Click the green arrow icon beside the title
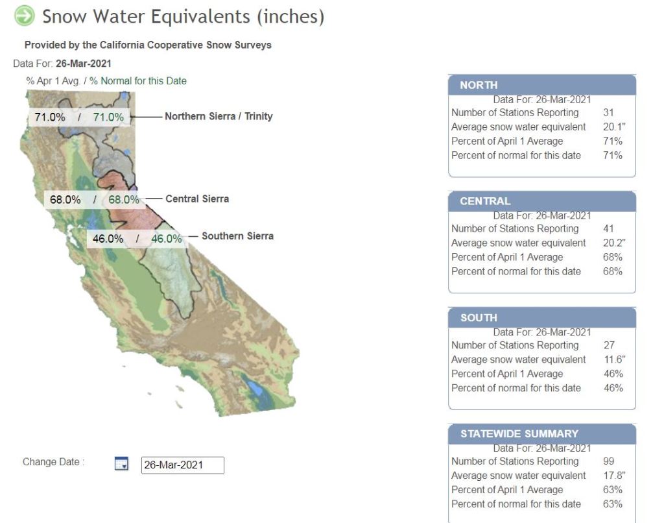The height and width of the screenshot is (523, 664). point(24,16)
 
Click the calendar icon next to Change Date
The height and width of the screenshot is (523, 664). point(121,463)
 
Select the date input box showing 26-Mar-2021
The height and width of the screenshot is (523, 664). point(182,465)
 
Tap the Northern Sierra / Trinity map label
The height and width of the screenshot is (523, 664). point(219,116)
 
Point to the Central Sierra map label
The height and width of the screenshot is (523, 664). point(197,199)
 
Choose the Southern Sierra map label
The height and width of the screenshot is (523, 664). point(237,236)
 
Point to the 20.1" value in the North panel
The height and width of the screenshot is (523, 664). point(614,127)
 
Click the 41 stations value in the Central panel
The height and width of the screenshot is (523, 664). point(608,228)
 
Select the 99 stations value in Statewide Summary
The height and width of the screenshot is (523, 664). point(608,461)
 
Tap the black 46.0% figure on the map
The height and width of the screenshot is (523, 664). point(108,239)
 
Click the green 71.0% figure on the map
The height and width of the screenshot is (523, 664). point(108,117)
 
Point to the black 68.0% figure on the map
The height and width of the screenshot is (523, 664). point(65,200)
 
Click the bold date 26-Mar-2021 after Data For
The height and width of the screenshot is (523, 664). point(84,64)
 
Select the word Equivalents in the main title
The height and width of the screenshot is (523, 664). point(200,17)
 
